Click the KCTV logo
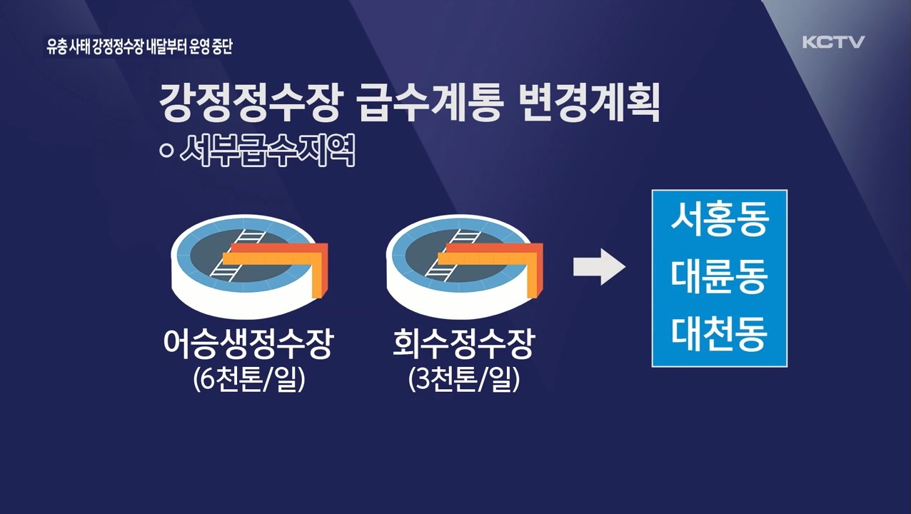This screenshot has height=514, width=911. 833,42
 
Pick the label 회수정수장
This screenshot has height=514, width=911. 463,346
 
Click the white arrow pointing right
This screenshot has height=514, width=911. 599,267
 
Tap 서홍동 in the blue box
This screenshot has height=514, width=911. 719,221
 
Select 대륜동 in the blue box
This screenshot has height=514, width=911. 719,278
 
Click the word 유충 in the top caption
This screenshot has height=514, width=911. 55,48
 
